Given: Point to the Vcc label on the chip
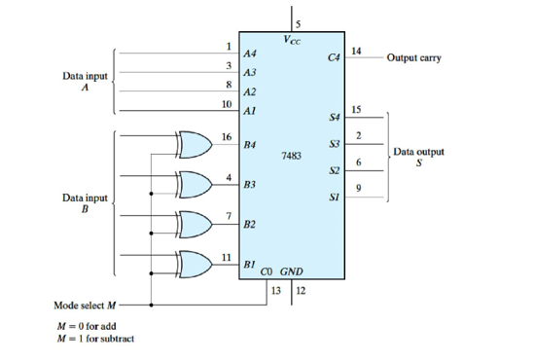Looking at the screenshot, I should click(x=293, y=40).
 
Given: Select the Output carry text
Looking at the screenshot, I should click(x=413, y=57).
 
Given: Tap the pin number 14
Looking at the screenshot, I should click(x=356, y=50).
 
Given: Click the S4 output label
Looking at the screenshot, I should click(x=334, y=118).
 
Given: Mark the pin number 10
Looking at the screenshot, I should click(x=227, y=102).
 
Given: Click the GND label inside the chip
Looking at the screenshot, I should click(x=293, y=271).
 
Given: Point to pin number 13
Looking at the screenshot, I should click(x=275, y=289).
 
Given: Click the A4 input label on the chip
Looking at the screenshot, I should click(x=250, y=55).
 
